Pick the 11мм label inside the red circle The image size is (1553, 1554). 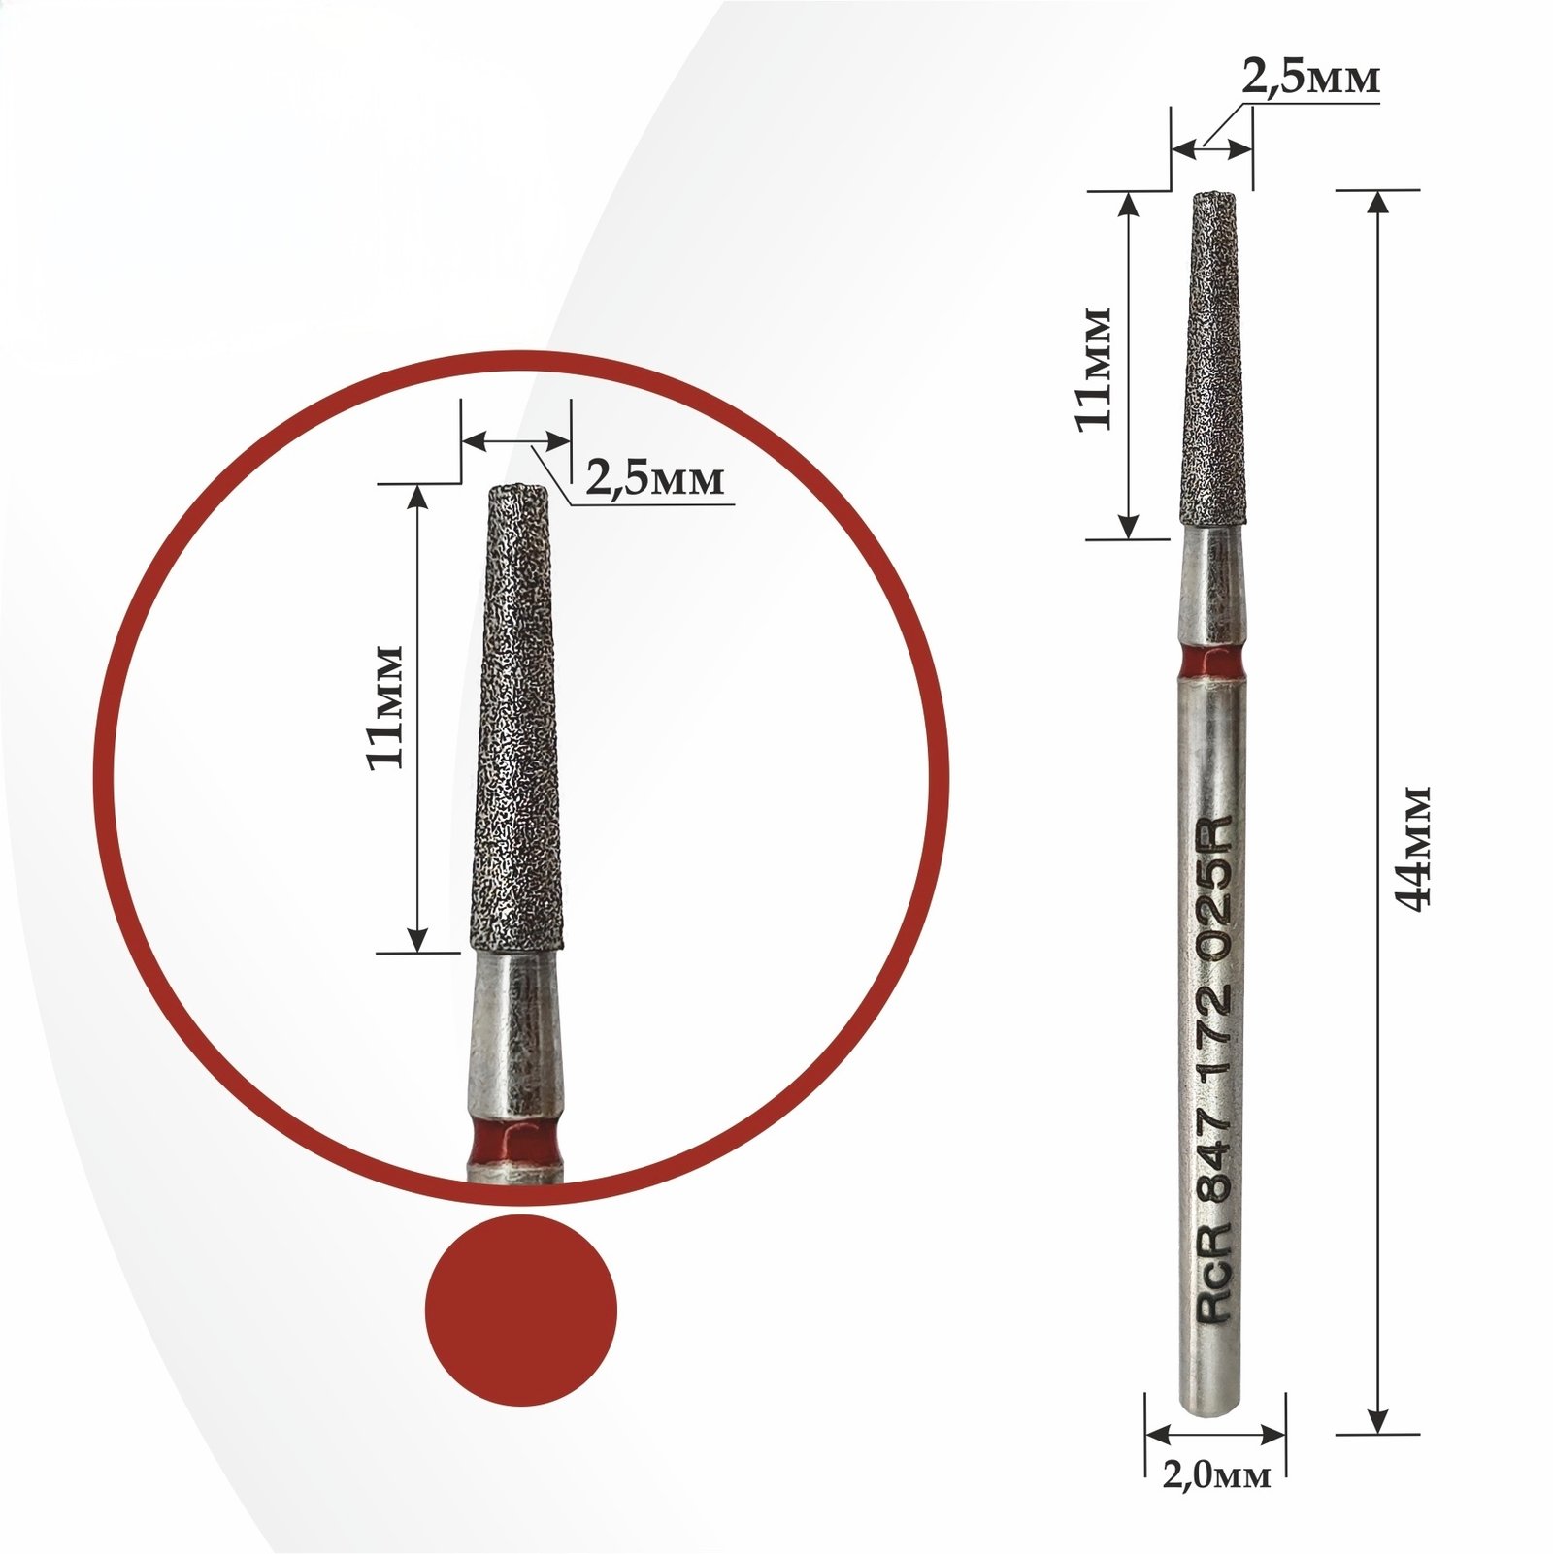coord(385,706)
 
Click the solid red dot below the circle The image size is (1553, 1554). coord(521,1310)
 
